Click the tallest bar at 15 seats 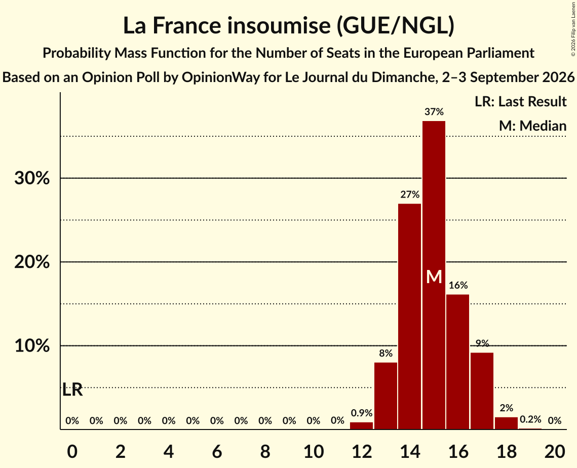click(x=434, y=275)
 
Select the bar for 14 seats click(x=409, y=317)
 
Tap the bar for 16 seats click(x=458, y=362)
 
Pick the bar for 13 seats click(x=386, y=396)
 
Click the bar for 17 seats click(x=482, y=391)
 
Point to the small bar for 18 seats click(x=506, y=423)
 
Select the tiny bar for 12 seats click(x=361, y=425)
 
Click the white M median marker click(x=434, y=277)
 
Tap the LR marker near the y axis click(x=72, y=389)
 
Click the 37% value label click(x=434, y=111)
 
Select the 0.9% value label click(x=361, y=413)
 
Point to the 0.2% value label click(x=530, y=419)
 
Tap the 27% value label click(x=409, y=194)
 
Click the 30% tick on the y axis click(x=32, y=178)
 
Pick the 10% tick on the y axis click(x=32, y=346)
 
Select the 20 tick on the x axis click(x=555, y=451)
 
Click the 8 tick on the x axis click(x=265, y=451)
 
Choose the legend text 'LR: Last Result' click(x=520, y=101)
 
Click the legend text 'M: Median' click(x=532, y=126)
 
